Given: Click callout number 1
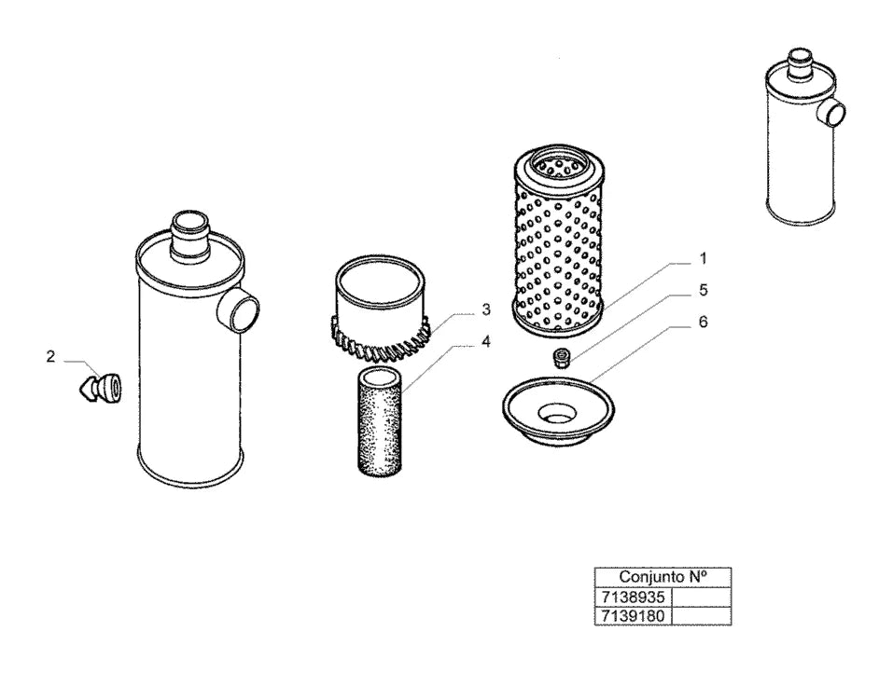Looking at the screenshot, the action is pyautogui.click(x=703, y=259).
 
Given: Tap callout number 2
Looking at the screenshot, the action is pyautogui.click(x=50, y=357).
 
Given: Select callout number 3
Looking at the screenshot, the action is pyautogui.click(x=486, y=309).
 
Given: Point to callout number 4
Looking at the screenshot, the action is pyautogui.click(x=486, y=342).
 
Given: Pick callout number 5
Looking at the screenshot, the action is pyautogui.click(x=704, y=290).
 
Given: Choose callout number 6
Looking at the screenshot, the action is pyautogui.click(x=704, y=322).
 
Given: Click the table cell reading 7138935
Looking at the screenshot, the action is pyautogui.click(x=634, y=597).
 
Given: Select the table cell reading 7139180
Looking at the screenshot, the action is pyautogui.click(x=634, y=616).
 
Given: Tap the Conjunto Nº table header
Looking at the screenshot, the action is pyautogui.click(x=663, y=577).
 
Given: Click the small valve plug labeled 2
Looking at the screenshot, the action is pyautogui.click(x=100, y=388).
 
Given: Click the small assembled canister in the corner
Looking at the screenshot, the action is pyautogui.click(x=804, y=136).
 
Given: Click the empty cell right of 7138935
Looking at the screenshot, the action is pyautogui.click(x=702, y=597).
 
